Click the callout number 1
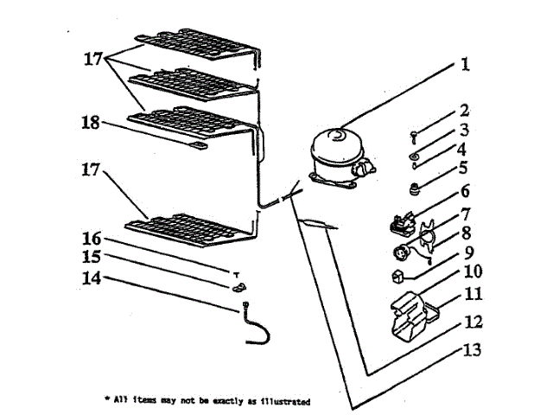point(464,64)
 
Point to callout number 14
point(92,278)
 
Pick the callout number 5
point(464,169)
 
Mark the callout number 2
point(464,111)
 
